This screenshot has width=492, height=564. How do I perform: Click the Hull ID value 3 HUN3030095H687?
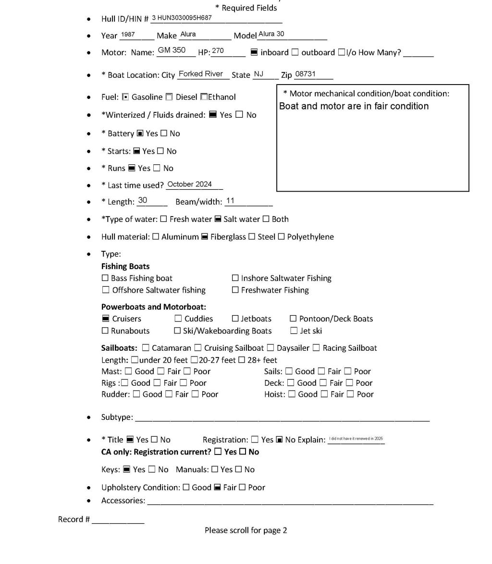pyautogui.click(x=182, y=18)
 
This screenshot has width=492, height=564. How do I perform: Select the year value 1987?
pyautogui.click(x=128, y=35)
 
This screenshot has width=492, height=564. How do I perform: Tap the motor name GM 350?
pyautogui.click(x=172, y=50)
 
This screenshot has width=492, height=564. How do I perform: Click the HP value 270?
pyautogui.click(x=218, y=51)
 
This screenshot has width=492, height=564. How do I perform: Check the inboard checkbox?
pyautogui.click(x=254, y=52)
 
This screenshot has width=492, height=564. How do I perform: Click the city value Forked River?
pyautogui.click(x=201, y=74)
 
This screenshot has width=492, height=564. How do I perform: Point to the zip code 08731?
pyautogui.click(x=305, y=74)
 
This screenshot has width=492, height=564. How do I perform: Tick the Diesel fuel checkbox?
pyautogui.click(x=169, y=97)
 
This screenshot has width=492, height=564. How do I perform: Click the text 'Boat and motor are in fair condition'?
pyautogui.click(x=354, y=106)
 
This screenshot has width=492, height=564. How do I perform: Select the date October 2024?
pyautogui.click(x=190, y=184)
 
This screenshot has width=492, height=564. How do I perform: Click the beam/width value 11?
pyautogui.click(x=230, y=201)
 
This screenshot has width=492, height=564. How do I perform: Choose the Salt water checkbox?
pyautogui.click(x=218, y=219)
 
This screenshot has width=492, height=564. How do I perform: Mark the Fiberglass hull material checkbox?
pyautogui.click(x=205, y=237)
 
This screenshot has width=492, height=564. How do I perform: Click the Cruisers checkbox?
pyautogui.click(x=106, y=319)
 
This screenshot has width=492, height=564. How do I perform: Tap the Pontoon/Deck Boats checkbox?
pyautogui.click(x=293, y=319)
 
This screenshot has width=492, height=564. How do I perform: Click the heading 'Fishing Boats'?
pyautogui.click(x=125, y=266)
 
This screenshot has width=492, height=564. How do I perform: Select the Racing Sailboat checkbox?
pyautogui.click(x=316, y=348)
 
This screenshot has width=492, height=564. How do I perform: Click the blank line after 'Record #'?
pyautogui.click(x=118, y=520)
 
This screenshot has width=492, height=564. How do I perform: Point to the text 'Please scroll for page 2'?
pyautogui.click(x=246, y=530)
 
